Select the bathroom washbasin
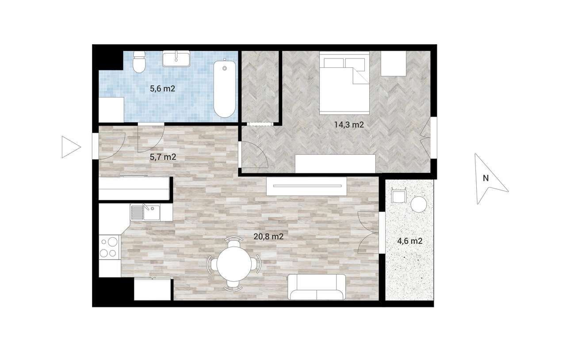click(176, 58)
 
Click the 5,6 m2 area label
click(163, 88)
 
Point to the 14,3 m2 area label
click(348, 125)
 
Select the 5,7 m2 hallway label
click(163, 156)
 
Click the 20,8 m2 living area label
click(268, 237)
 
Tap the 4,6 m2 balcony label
click(409, 241)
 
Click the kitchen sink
click(150, 213)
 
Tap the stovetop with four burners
click(109, 247)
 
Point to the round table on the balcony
click(418, 204)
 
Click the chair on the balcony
click(398, 195)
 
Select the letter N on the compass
click(486, 178)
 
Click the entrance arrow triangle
click(70, 147)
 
